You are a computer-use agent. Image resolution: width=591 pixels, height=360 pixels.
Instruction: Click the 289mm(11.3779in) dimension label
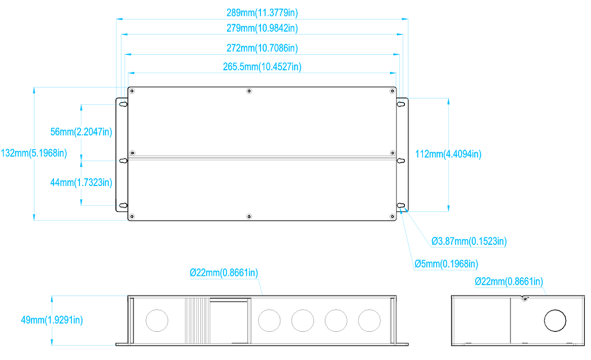pyautogui.click(x=262, y=13)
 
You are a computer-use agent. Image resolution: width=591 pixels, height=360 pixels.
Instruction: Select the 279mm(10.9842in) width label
pyautogui.click(x=262, y=28)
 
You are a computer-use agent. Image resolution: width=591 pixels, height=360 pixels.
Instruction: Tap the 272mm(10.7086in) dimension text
pyautogui.click(x=262, y=48)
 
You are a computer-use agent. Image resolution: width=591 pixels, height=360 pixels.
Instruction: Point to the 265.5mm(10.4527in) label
pyautogui.click(x=262, y=67)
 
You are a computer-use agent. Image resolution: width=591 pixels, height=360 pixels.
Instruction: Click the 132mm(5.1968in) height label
pyautogui.click(x=34, y=153)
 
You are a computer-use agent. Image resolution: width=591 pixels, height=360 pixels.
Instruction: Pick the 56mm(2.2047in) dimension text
pyautogui.click(x=81, y=132)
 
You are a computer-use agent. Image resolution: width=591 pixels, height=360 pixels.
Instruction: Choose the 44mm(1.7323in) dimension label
pyautogui.click(x=81, y=183)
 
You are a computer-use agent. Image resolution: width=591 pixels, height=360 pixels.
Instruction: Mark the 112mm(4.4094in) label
pyautogui.click(x=448, y=154)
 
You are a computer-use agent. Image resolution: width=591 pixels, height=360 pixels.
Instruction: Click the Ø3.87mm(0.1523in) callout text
pyautogui.click(x=469, y=241)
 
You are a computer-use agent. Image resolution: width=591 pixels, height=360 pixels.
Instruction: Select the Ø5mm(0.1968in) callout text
pyautogui.click(x=446, y=264)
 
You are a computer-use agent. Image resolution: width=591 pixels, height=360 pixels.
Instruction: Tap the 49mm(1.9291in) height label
pyautogui.click(x=51, y=320)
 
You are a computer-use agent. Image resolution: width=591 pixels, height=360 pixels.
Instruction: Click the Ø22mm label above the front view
pyautogui.click(x=224, y=273)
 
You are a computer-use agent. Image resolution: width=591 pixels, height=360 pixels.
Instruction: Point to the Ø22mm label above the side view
pyautogui.click(x=509, y=282)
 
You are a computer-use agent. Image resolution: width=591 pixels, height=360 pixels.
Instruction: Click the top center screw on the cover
pyautogui.click(x=249, y=91)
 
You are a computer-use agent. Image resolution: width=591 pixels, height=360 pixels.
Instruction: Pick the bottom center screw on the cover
pyautogui.click(x=249, y=216)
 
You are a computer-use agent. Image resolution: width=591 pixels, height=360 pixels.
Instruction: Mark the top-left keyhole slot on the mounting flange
pyautogui.click(x=124, y=104)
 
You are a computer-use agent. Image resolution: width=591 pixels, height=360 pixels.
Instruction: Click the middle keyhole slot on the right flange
pyautogui.click(x=401, y=161)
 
